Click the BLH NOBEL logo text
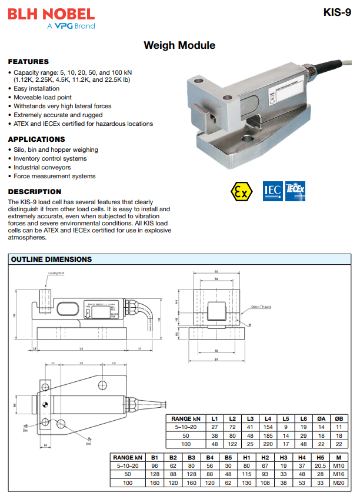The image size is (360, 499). (51, 14)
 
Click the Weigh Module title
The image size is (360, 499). (179, 45)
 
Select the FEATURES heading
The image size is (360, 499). (28, 62)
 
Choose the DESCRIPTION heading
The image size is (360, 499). (35, 192)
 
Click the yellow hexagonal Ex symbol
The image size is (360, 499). (241, 191)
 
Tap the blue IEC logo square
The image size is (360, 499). (272, 191)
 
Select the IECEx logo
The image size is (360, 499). (295, 190)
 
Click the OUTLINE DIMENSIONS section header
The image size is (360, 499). (52, 259)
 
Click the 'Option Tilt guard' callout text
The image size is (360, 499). (261, 307)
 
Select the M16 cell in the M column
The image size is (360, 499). (338, 474)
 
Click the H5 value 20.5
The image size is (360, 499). (321, 465)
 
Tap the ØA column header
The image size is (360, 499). (321, 418)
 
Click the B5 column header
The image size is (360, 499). (228, 457)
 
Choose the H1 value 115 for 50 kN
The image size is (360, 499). (246, 474)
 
